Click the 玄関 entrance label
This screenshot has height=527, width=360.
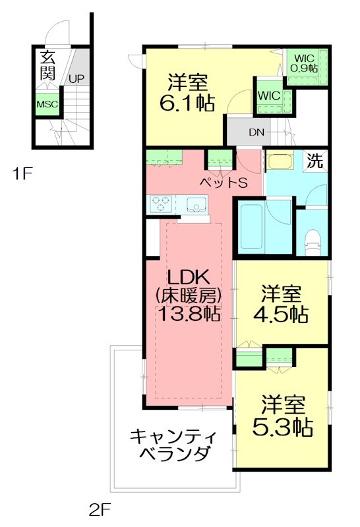pyautogui.click(x=47, y=65)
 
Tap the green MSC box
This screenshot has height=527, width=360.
pyautogui.click(x=47, y=105)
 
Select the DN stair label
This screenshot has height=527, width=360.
pyautogui.click(x=256, y=132)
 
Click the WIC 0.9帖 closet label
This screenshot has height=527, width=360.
pyautogui.click(x=306, y=63)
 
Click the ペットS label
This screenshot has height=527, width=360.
pyautogui.click(x=224, y=182)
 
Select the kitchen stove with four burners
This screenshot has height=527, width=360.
pyautogui.click(x=161, y=204)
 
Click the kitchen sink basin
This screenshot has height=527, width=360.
pyautogui.click(x=196, y=204)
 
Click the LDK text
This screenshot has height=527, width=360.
pyautogui.click(x=187, y=275)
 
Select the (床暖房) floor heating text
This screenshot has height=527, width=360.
pyautogui.click(x=187, y=294)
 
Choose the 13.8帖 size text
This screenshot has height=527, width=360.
pyautogui.click(x=187, y=314)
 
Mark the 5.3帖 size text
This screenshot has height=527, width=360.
pyautogui.click(x=283, y=426)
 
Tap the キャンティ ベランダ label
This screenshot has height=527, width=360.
pyautogui.click(x=169, y=445)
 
